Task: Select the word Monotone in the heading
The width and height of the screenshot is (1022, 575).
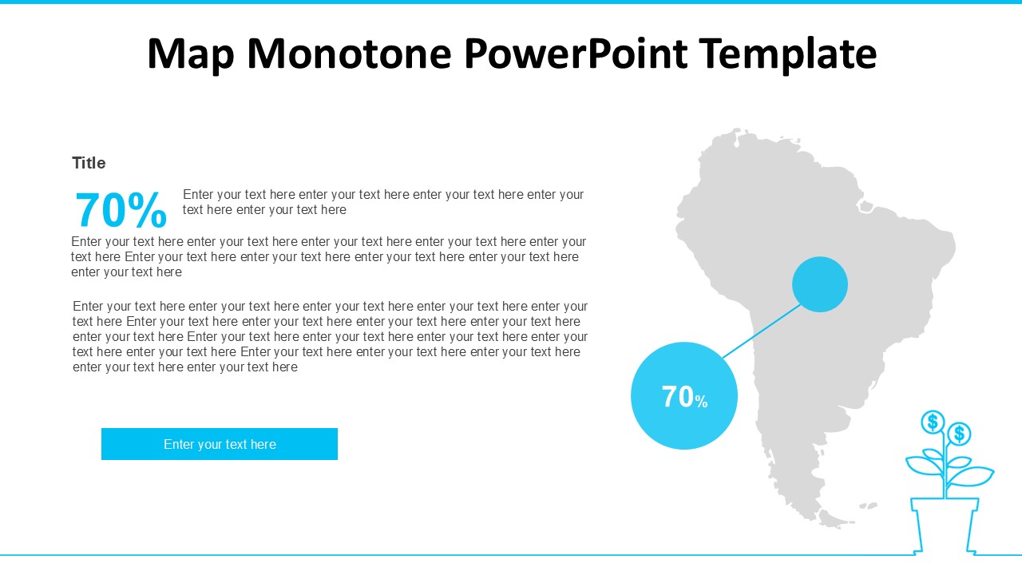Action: pyautogui.click(x=350, y=54)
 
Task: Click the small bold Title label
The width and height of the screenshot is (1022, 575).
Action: pyautogui.click(x=89, y=163)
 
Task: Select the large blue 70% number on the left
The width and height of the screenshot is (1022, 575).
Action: pyautogui.click(x=121, y=211)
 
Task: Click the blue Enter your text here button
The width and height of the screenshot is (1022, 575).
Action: pyautogui.click(x=220, y=444)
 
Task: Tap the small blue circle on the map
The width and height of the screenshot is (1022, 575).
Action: pyautogui.click(x=820, y=284)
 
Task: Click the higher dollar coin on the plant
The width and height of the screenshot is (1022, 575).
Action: pyautogui.click(x=933, y=422)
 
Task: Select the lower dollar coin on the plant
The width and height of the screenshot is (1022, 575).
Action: pyautogui.click(x=960, y=434)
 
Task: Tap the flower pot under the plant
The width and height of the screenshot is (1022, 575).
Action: pyautogui.click(x=945, y=523)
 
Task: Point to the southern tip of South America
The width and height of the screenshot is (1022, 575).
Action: pyautogui.click(x=830, y=523)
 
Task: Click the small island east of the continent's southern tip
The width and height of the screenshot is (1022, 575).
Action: pyautogui.click(x=868, y=506)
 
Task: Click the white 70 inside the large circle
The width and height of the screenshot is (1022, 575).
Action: pyautogui.click(x=677, y=397)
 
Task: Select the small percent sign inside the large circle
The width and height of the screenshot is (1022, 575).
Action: pyautogui.click(x=701, y=402)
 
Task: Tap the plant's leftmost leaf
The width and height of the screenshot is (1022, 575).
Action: pyautogui.click(x=922, y=466)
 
